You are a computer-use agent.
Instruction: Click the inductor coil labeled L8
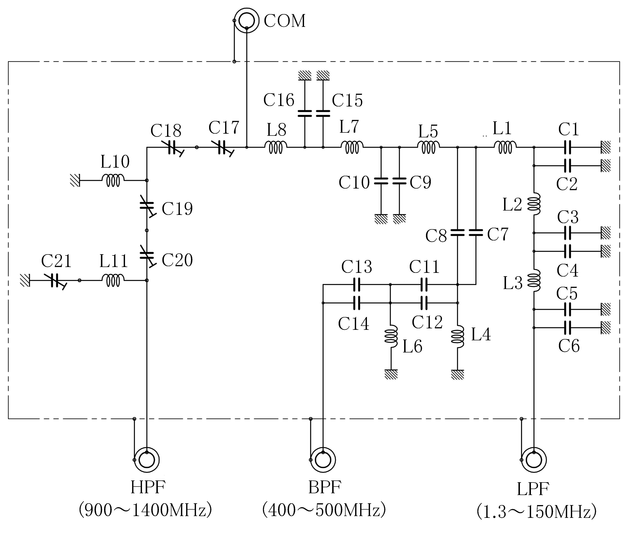point(276,147)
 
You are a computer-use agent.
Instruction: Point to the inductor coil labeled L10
point(113,180)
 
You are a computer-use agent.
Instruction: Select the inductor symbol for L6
point(391,336)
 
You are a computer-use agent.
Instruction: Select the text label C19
point(177,208)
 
